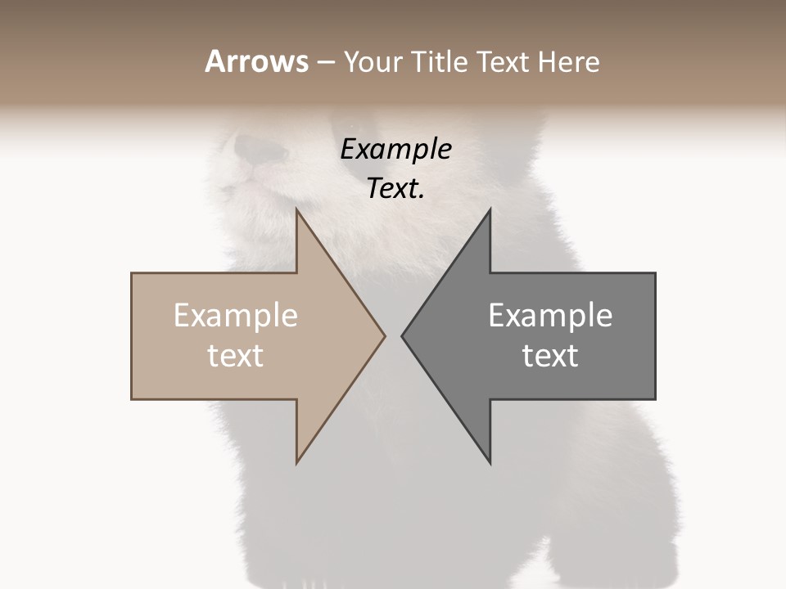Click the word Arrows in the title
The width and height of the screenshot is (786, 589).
(x=256, y=61)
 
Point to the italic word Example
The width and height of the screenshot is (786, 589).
(x=395, y=150)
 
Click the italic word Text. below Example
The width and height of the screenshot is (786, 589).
(x=395, y=189)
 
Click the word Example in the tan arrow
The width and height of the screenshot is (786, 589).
(x=236, y=316)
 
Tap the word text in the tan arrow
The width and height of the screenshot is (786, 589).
(x=236, y=356)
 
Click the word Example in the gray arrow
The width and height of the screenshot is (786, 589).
(x=550, y=316)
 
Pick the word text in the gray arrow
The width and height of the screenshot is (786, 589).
(x=550, y=356)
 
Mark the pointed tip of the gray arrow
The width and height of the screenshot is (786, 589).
(x=403, y=335)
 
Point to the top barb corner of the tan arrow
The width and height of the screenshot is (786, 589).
(x=297, y=210)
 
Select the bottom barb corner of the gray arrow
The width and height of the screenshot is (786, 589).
(x=490, y=463)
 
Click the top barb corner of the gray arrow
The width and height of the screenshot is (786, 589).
(x=490, y=210)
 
